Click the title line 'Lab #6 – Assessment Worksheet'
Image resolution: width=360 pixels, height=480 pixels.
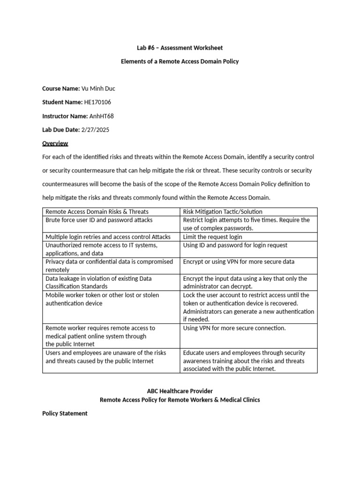tap(180, 48)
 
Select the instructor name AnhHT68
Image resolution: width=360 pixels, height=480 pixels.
tap(101, 116)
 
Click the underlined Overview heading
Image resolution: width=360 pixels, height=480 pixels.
tap(55, 143)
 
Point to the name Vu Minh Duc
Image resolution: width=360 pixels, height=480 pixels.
tap(98, 89)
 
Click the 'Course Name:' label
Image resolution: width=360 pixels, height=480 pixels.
tap(61, 89)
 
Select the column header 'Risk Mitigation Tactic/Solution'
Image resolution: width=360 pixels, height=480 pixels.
tap(223, 212)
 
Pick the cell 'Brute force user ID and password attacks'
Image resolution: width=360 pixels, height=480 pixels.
tap(99, 220)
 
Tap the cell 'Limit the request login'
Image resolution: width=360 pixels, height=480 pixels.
tap(212, 237)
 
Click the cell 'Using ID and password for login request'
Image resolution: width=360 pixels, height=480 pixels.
tap(235, 245)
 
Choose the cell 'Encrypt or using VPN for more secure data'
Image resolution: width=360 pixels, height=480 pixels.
tap(239, 262)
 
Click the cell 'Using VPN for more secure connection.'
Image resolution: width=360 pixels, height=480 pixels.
tap(234, 328)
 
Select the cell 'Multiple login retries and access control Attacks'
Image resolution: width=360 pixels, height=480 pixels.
tap(108, 237)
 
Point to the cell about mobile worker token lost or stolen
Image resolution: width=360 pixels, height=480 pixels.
tap(102, 299)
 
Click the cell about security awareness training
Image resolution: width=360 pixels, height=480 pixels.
tap(243, 361)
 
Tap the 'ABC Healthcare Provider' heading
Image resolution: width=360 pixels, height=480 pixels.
tap(180, 391)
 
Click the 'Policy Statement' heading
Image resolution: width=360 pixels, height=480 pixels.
tap(65, 413)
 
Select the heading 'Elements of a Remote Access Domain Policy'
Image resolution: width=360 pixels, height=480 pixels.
tap(180, 61)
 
